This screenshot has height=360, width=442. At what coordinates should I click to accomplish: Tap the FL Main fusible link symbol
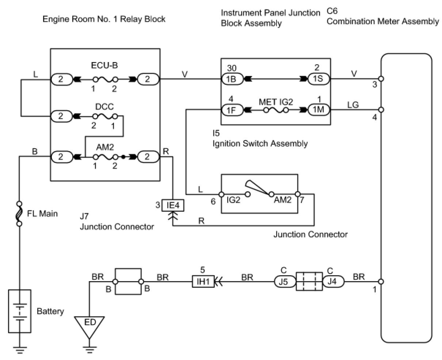point(19,213)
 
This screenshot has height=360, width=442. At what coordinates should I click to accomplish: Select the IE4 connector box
point(173,205)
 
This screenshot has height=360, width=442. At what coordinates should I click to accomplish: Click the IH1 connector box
point(203,282)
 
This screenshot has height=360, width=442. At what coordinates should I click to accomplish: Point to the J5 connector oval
point(285,282)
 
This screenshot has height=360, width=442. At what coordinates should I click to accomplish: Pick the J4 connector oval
point(333,282)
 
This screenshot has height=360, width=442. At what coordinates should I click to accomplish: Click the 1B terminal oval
point(232,79)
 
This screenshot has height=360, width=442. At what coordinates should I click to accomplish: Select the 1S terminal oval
point(319,79)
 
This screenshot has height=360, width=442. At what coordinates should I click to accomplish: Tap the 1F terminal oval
point(232,110)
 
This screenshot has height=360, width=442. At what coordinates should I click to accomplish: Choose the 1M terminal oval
point(319,110)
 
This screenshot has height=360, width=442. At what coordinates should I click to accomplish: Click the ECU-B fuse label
point(104,65)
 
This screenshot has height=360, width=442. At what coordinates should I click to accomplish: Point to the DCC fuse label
point(104,107)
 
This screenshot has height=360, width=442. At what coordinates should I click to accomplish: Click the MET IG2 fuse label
point(276,102)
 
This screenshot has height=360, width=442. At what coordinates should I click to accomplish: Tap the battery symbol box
point(20,311)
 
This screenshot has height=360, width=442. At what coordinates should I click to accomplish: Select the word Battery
point(50,311)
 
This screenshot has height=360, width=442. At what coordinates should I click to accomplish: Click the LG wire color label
point(353,105)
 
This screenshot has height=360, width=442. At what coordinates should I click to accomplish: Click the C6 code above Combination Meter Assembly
point(332,11)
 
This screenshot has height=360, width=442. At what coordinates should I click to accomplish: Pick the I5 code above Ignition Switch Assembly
point(216,133)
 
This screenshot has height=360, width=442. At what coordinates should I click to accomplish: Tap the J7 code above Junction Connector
point(84,216)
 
